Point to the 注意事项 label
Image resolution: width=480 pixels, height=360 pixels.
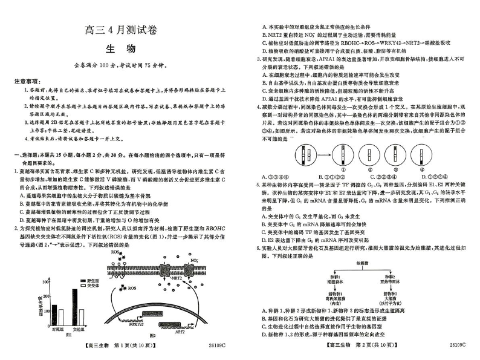tap(26, 80)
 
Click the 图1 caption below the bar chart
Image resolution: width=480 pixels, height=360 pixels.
tap(68, 334)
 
